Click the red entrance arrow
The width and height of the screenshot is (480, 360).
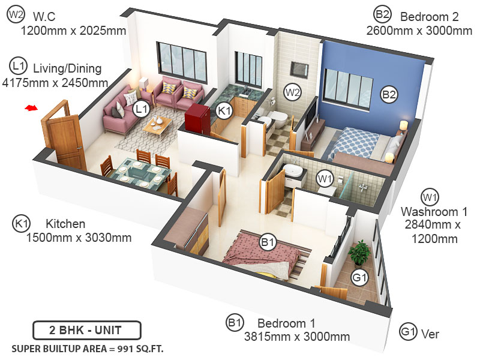tap(31, 109)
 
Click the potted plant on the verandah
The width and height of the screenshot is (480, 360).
tap(359, 252)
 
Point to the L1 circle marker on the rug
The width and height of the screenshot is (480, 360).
tap(141, 109)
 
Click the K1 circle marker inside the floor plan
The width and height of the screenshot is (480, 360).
tap(224, 110)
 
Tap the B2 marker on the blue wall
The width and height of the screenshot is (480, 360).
tap(389, 94)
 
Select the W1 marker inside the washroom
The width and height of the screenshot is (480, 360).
tap(325, 178)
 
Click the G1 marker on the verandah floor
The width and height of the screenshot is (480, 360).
tap(359, 278)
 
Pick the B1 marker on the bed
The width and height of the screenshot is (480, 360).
tap(268, 243)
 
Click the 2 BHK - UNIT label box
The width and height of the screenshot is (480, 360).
tap(86, 331)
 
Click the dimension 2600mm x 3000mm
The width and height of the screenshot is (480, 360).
tap(419, 31)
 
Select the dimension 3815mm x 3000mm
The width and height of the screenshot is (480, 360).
tap(296, 337)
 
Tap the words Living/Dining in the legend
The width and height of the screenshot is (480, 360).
tap(67, 68)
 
